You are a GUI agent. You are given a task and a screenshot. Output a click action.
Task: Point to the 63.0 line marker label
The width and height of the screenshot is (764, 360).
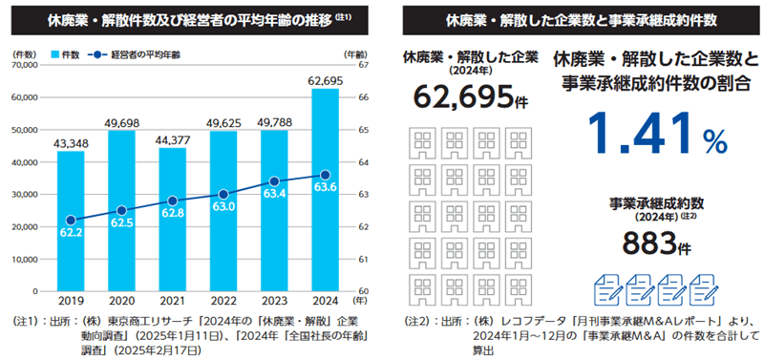tap(223, 204)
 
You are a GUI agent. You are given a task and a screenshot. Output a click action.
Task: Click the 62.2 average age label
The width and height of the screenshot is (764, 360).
tap(71, 232)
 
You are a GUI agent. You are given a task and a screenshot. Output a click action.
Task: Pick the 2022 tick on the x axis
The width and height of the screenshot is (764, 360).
tap(223, 302)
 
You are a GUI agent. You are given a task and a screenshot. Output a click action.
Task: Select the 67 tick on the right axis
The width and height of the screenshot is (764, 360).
tap(364, 64)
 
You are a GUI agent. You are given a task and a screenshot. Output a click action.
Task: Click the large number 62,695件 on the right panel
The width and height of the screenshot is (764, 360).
tap(463, 97)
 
